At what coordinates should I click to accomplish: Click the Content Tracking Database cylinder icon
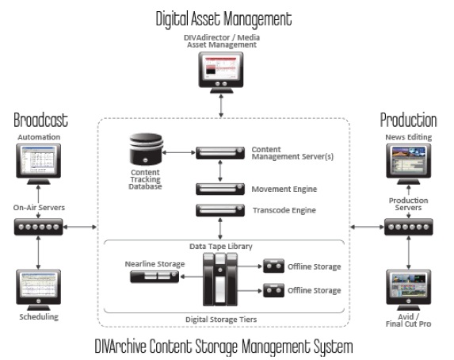tap(146, 149)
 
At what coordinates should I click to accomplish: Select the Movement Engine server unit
tap(220, 189)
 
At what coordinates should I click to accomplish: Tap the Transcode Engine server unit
tap(220, 210)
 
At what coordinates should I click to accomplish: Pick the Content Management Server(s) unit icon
tap(220, 153)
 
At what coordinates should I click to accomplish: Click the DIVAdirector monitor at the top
tap(221, 72)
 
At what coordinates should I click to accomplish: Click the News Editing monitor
tap(409, 164)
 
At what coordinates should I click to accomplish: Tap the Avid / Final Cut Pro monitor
tap(409, 290)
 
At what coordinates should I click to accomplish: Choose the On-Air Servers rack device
tap(39, 227)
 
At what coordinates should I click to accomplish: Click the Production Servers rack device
tap(409, 227)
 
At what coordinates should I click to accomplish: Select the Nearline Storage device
tap(155, 277)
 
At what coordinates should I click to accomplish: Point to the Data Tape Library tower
tap(220, 279)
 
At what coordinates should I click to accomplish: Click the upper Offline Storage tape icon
tap(273, 266)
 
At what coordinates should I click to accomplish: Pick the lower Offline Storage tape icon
tap(273, 290)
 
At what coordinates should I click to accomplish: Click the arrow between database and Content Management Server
tap(179, 152)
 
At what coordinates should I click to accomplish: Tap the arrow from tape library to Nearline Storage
tap(192, 277)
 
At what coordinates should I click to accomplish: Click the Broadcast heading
tap(41, 120)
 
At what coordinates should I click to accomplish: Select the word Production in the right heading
tap(408, 120)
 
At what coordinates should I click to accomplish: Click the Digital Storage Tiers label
tap(221, 320)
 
